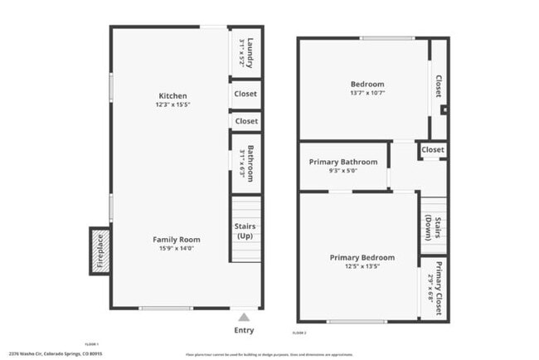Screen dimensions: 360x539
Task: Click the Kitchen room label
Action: click(172, 95)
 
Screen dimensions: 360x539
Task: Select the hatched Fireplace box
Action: click(99, 251)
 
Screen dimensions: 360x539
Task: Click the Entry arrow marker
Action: click(244, 316)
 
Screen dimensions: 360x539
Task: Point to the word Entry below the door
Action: click(244, 330)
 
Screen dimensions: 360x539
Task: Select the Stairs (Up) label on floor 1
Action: click(245, 231)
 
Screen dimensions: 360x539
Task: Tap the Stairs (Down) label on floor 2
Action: click(433, 226)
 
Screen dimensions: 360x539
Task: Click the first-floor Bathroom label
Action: click(245, 163)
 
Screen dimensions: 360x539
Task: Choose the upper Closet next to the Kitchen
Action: click(245, 95)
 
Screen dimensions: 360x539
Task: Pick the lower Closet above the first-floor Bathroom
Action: click(245, 121)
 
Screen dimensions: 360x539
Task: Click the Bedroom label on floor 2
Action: click(367, 84)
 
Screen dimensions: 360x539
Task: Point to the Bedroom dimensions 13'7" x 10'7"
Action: click(367, 93)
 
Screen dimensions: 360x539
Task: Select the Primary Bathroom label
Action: click(343, 162)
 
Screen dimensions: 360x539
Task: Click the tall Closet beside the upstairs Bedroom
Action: click(438, 86)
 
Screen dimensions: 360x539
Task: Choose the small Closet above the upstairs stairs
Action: click(432, 149)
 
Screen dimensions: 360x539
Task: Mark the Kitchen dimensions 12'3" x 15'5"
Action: click(172, 105)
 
